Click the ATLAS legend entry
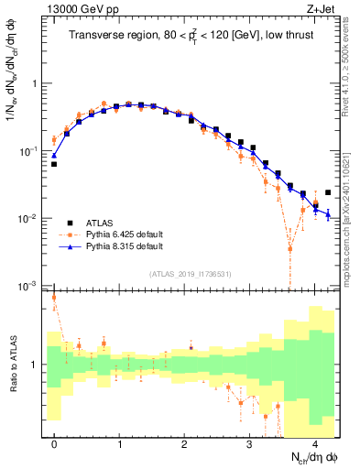coord(99,223)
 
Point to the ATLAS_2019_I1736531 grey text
coord(190,275)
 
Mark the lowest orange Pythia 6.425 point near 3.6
coord(290,248)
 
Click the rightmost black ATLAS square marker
coord(328,192)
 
